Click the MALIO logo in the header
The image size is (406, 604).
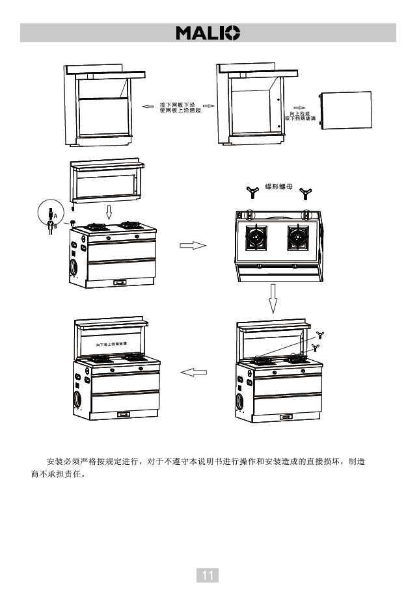208,33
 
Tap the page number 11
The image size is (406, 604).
208,575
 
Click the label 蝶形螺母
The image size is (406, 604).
278,187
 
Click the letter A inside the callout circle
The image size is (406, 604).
55,215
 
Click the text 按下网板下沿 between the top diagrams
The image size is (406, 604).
178,104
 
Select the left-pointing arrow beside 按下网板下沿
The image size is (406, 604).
148,105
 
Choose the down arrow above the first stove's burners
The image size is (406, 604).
109,213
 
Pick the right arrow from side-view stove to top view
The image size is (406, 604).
193,246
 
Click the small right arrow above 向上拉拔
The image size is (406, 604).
299,105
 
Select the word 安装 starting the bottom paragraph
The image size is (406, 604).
55,462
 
